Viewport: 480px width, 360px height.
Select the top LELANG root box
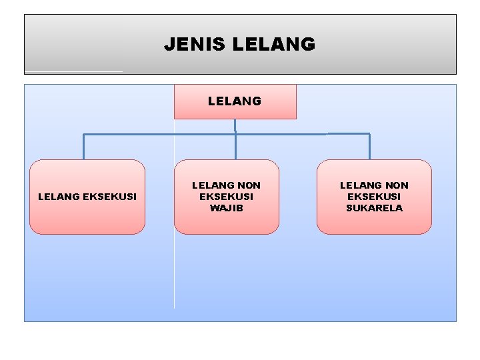tap(235, 101)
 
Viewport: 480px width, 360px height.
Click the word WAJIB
tap(227, 208)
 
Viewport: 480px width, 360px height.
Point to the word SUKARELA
tap(374, 208)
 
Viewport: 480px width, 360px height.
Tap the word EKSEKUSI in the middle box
tap(227, 197)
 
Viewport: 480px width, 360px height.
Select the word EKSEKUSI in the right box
tap(374, 197)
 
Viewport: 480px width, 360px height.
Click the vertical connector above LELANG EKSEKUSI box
tap(83, 147)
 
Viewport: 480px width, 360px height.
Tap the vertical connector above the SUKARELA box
tap(369, 147)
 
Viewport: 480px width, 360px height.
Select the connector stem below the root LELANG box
tap(235, 127)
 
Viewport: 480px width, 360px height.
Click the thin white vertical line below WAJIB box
tap(175, 273)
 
